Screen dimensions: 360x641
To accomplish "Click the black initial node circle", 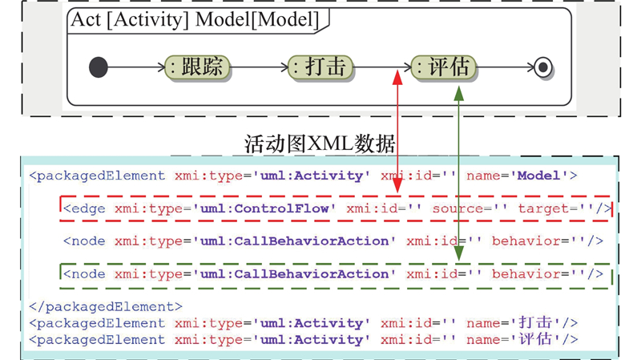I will click(98, 67).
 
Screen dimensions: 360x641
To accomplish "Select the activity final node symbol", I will click(543, 67).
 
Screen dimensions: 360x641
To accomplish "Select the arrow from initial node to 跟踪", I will click(136, 67).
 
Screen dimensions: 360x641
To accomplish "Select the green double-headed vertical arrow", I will click(459, 172).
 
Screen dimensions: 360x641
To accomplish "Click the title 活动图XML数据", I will click(320, 144).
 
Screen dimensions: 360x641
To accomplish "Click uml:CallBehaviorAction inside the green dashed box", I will click(294, 274).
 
